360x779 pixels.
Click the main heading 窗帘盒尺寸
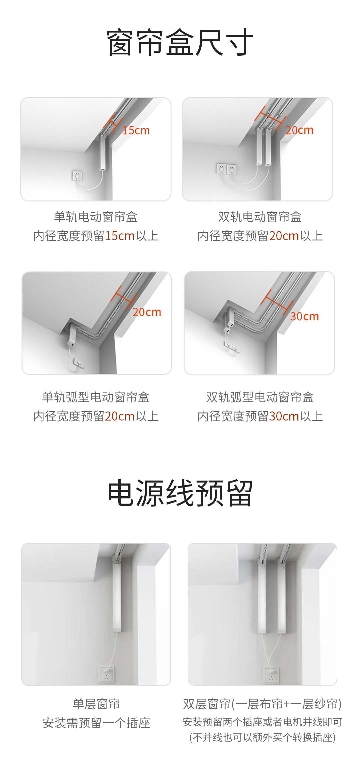click(180, 42)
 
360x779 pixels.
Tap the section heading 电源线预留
click(180, 493)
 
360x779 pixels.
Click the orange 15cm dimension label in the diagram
click(136, 130)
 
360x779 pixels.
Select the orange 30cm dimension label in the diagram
click(304, 316)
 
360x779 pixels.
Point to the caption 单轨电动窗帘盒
click(96, 217)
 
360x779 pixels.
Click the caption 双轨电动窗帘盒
click(260, 217)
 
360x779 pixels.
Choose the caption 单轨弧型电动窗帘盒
click(96, 397)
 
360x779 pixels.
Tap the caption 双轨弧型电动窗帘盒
click(260, 397)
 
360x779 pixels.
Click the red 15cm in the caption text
click(120, 236)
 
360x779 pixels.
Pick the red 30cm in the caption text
click(284, 416)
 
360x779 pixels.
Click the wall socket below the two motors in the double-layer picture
click(271, 675)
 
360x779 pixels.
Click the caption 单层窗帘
click(96, 704)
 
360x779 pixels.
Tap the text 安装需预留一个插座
click(96, 723)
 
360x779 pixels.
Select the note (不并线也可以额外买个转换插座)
click(262, 737)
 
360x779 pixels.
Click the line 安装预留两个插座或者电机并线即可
click(262, 722)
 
